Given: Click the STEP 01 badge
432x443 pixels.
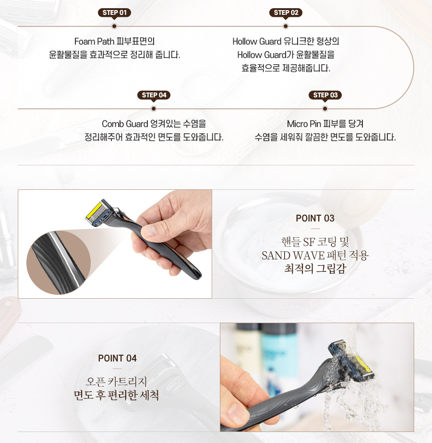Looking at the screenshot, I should click(114, 12).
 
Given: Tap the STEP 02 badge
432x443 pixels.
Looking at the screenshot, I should click(286, 12).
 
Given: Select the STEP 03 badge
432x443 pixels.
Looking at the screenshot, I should click(325, 95).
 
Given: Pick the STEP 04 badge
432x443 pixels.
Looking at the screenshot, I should click(154, 95).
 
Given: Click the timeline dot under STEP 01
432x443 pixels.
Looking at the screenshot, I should click(114, 26).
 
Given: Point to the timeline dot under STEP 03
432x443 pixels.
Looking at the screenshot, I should click(325, 109).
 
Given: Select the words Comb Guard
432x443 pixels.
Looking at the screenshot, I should click(125, 124).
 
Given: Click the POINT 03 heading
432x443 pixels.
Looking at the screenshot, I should click(315, 219).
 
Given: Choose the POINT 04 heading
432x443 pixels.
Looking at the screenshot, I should click(117, 359).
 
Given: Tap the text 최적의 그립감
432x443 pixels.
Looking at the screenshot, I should click(315, 268).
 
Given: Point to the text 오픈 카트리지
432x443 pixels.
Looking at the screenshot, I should click(117, 382).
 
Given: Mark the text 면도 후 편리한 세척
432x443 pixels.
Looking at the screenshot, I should click(117, 396).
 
